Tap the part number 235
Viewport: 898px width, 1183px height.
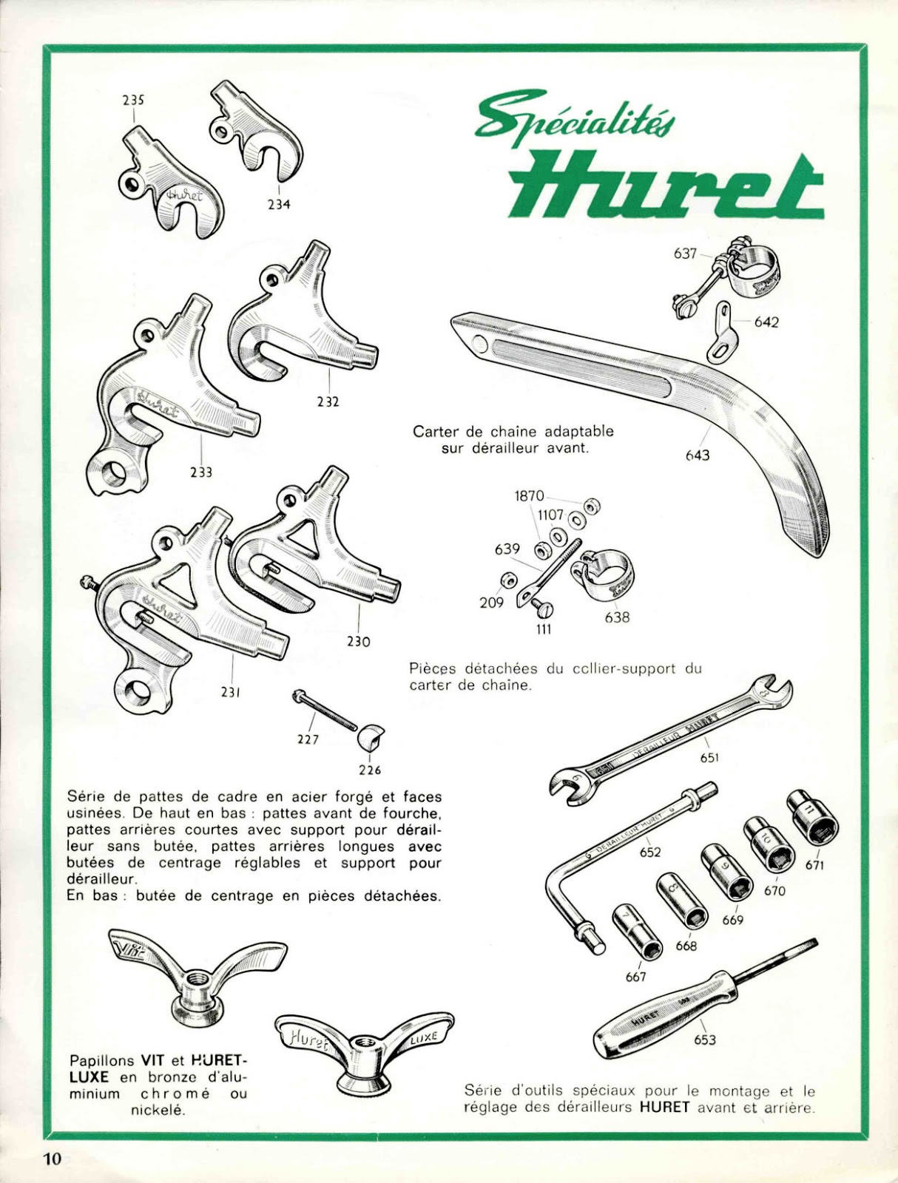coord(134,101)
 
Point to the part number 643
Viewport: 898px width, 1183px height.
coord(697,455)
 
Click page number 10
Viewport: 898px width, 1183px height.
coord(52,1159)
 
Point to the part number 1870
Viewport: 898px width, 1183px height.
coord(529,496)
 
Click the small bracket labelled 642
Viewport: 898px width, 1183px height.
coord(723,331)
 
